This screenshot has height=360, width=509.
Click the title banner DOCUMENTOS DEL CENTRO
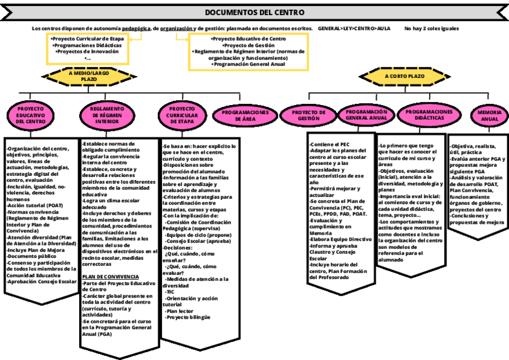[254, 13]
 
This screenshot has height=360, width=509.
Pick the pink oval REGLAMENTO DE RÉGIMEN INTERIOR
[107, 115]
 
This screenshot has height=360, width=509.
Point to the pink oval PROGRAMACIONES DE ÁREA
[245, 115]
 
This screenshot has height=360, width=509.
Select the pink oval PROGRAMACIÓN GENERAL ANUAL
[366, 115]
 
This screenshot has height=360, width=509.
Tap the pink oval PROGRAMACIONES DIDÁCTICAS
[429, 115]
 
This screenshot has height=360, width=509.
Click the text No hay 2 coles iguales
[432, 28]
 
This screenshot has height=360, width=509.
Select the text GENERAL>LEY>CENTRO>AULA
[354, 28]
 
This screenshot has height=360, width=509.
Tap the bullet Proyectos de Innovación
[88, 52]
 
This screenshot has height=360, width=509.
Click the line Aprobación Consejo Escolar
[42, 281]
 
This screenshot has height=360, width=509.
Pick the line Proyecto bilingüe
[188, 317]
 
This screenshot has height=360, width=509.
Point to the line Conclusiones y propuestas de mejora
[478, 219]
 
